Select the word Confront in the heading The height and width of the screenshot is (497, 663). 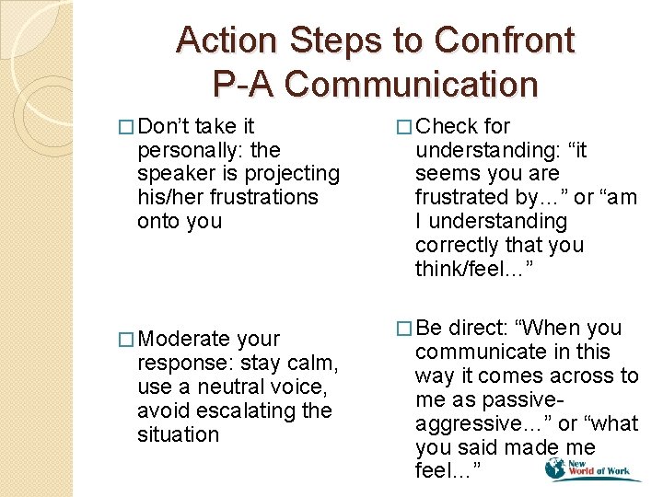pos(505,40)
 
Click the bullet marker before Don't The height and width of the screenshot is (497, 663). pos(126,126)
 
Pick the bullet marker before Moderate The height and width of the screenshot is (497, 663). pos(126,340)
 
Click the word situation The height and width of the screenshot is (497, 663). pos(179,434)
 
